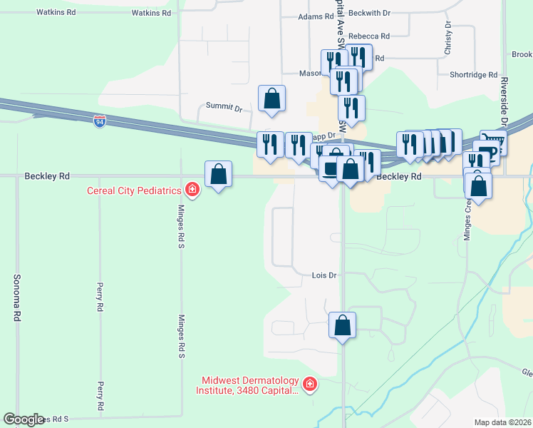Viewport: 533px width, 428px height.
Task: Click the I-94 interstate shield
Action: click(100, 122)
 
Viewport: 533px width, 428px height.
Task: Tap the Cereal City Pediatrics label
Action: click(134, 190)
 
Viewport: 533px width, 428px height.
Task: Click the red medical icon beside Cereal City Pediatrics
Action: click(192, 189)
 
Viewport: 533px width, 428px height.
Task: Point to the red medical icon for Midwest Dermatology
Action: click(310, 385)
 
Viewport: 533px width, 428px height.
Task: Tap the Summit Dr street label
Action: click(224, 106)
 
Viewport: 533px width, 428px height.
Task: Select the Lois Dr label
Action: click(324, 275)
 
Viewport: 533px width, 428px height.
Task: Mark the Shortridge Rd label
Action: click(474, 75)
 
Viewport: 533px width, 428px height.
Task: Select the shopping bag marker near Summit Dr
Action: click(272, 98)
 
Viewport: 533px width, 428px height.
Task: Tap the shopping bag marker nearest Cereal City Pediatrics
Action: click(218, 174)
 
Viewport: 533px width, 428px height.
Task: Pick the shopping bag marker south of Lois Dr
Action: click(343, 325)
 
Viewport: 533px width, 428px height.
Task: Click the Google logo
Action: click(23, 419)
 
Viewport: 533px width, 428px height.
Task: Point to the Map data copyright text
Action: click(502, 422)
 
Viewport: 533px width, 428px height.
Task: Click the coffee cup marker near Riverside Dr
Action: click(487, 153)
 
